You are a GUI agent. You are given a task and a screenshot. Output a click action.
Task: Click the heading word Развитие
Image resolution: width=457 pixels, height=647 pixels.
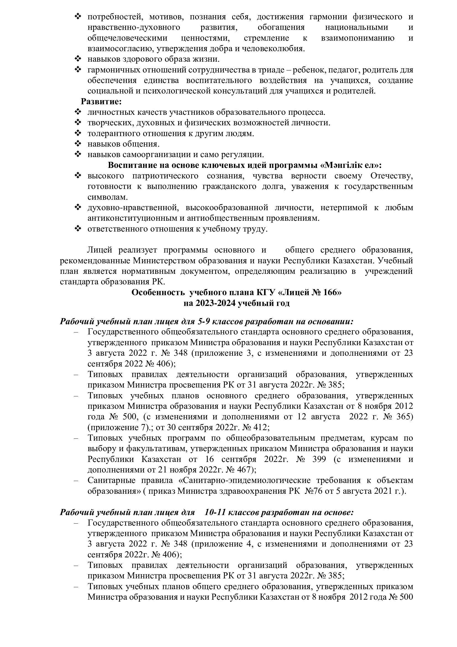101,102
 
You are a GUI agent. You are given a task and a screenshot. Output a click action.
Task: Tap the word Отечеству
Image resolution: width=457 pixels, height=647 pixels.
392,176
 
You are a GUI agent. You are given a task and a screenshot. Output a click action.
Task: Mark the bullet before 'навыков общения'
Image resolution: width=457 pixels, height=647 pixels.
78,144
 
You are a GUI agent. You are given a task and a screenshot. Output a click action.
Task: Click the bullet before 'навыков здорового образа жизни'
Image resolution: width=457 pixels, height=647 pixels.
78,59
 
